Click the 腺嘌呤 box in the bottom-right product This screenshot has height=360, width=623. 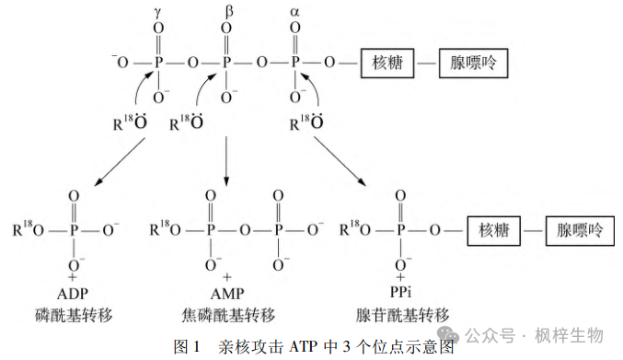[x=580, y=230]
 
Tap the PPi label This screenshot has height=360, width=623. [x=400, y=295]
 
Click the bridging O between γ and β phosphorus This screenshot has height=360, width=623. [x=192, y=64]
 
